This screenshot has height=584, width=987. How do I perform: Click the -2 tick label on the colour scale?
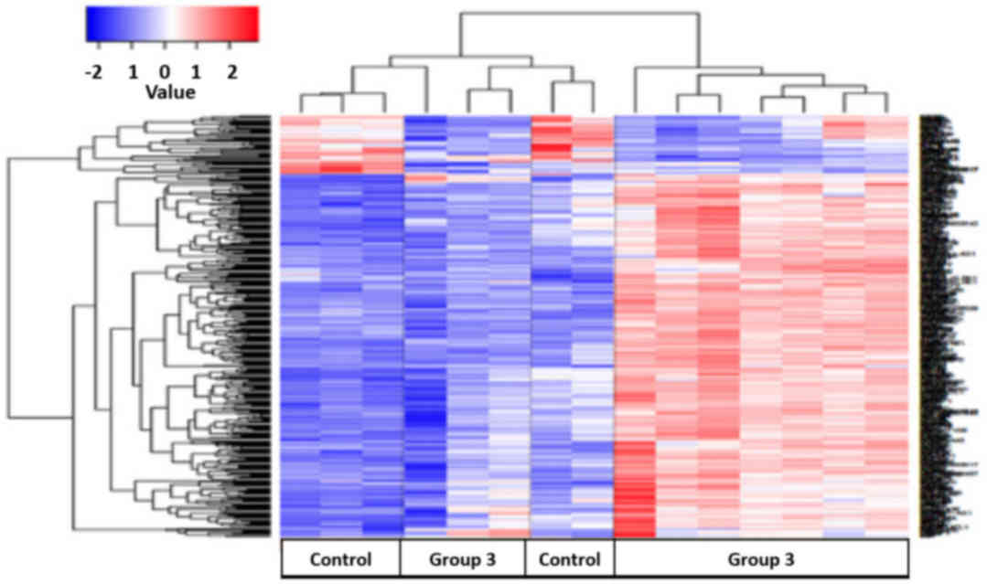92,71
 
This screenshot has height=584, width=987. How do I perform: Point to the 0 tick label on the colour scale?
164,71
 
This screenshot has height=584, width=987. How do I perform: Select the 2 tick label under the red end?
230,71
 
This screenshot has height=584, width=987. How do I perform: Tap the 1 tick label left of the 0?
132,71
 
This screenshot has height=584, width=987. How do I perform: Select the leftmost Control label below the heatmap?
340,558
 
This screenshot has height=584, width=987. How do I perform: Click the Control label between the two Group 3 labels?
569,558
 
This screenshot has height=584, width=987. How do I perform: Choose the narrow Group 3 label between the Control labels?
462,558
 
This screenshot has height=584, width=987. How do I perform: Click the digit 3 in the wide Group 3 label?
789,558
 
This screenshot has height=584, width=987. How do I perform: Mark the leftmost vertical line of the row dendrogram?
9,282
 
